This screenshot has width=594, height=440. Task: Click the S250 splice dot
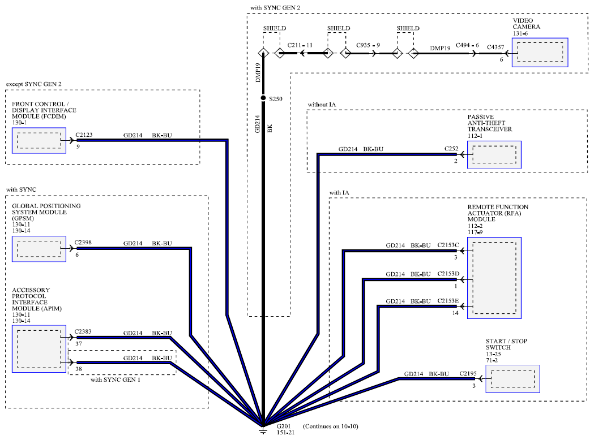pos(263,98)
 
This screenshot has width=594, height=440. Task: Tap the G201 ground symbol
pos(263,430)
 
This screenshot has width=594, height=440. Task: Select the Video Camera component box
pos(540,52)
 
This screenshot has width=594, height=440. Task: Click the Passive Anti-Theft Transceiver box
pos(494,155)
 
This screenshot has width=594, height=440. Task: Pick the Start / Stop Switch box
pos(512,379)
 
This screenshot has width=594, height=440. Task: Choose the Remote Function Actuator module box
pos(494,278)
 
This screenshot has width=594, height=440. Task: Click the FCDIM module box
pos(39,140)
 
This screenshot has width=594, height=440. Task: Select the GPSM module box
pos(39,249)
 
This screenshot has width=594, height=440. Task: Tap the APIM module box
pos(39,349)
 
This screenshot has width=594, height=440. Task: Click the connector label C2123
pos(84,135)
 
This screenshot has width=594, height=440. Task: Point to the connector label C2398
pos(83,242)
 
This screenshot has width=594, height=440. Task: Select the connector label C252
pos(451,149)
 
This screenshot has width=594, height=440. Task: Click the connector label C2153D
pos(448,274)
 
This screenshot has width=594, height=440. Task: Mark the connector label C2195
pos(468,373)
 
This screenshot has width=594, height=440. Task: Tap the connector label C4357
pos(495,47)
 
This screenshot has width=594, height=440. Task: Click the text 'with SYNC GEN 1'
pos(115,379)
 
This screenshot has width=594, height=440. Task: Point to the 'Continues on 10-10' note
pos(330,426)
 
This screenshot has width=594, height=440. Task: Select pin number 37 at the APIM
pos(78,344)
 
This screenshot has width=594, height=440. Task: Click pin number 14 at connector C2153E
pos(455,313)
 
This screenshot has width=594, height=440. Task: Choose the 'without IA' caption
pos(322,105)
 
